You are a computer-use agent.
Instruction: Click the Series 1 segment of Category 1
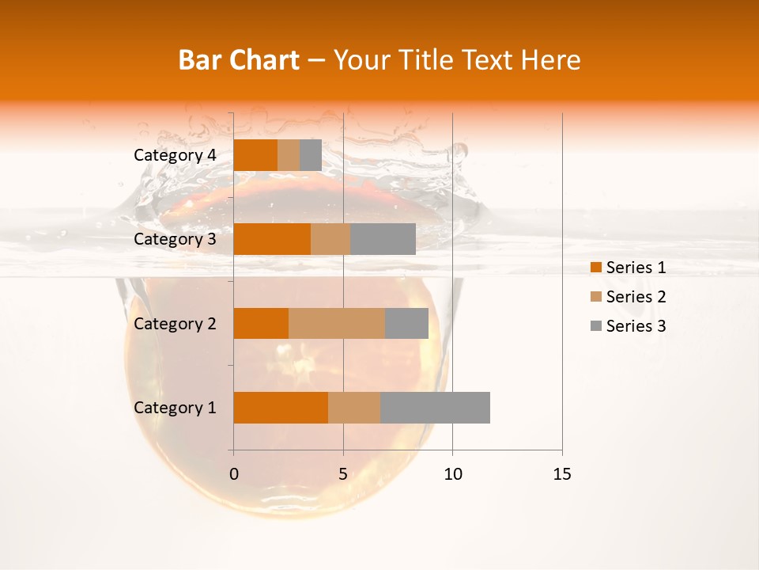[281, 408]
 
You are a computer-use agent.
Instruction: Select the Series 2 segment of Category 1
[354, 408]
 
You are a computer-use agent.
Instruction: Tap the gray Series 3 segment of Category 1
[435, 408]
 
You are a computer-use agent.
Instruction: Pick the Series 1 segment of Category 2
[261, 323]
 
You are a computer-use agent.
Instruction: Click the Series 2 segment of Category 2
[337, 323]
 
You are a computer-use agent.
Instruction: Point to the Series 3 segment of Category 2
[406, 323]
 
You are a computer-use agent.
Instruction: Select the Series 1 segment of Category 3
[272, 239]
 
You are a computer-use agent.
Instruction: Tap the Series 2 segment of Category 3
[330, 239]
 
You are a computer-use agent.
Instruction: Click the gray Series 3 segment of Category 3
[383, 239]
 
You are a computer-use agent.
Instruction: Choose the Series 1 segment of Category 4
[255, 155]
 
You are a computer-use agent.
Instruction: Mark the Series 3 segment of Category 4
[311, 155]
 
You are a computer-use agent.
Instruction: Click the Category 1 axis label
[174, 408]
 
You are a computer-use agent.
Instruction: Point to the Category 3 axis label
[174, 239]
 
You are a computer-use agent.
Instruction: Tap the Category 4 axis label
[174, 155]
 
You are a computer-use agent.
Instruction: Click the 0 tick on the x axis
[234, 474]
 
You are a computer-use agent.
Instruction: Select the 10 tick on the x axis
[452, 474]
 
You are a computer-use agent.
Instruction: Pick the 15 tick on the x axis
[561, 474]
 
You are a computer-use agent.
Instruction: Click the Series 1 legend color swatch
[595, 268]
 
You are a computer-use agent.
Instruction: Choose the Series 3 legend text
[636, 326]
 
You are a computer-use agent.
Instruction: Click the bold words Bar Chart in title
[238, 60]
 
